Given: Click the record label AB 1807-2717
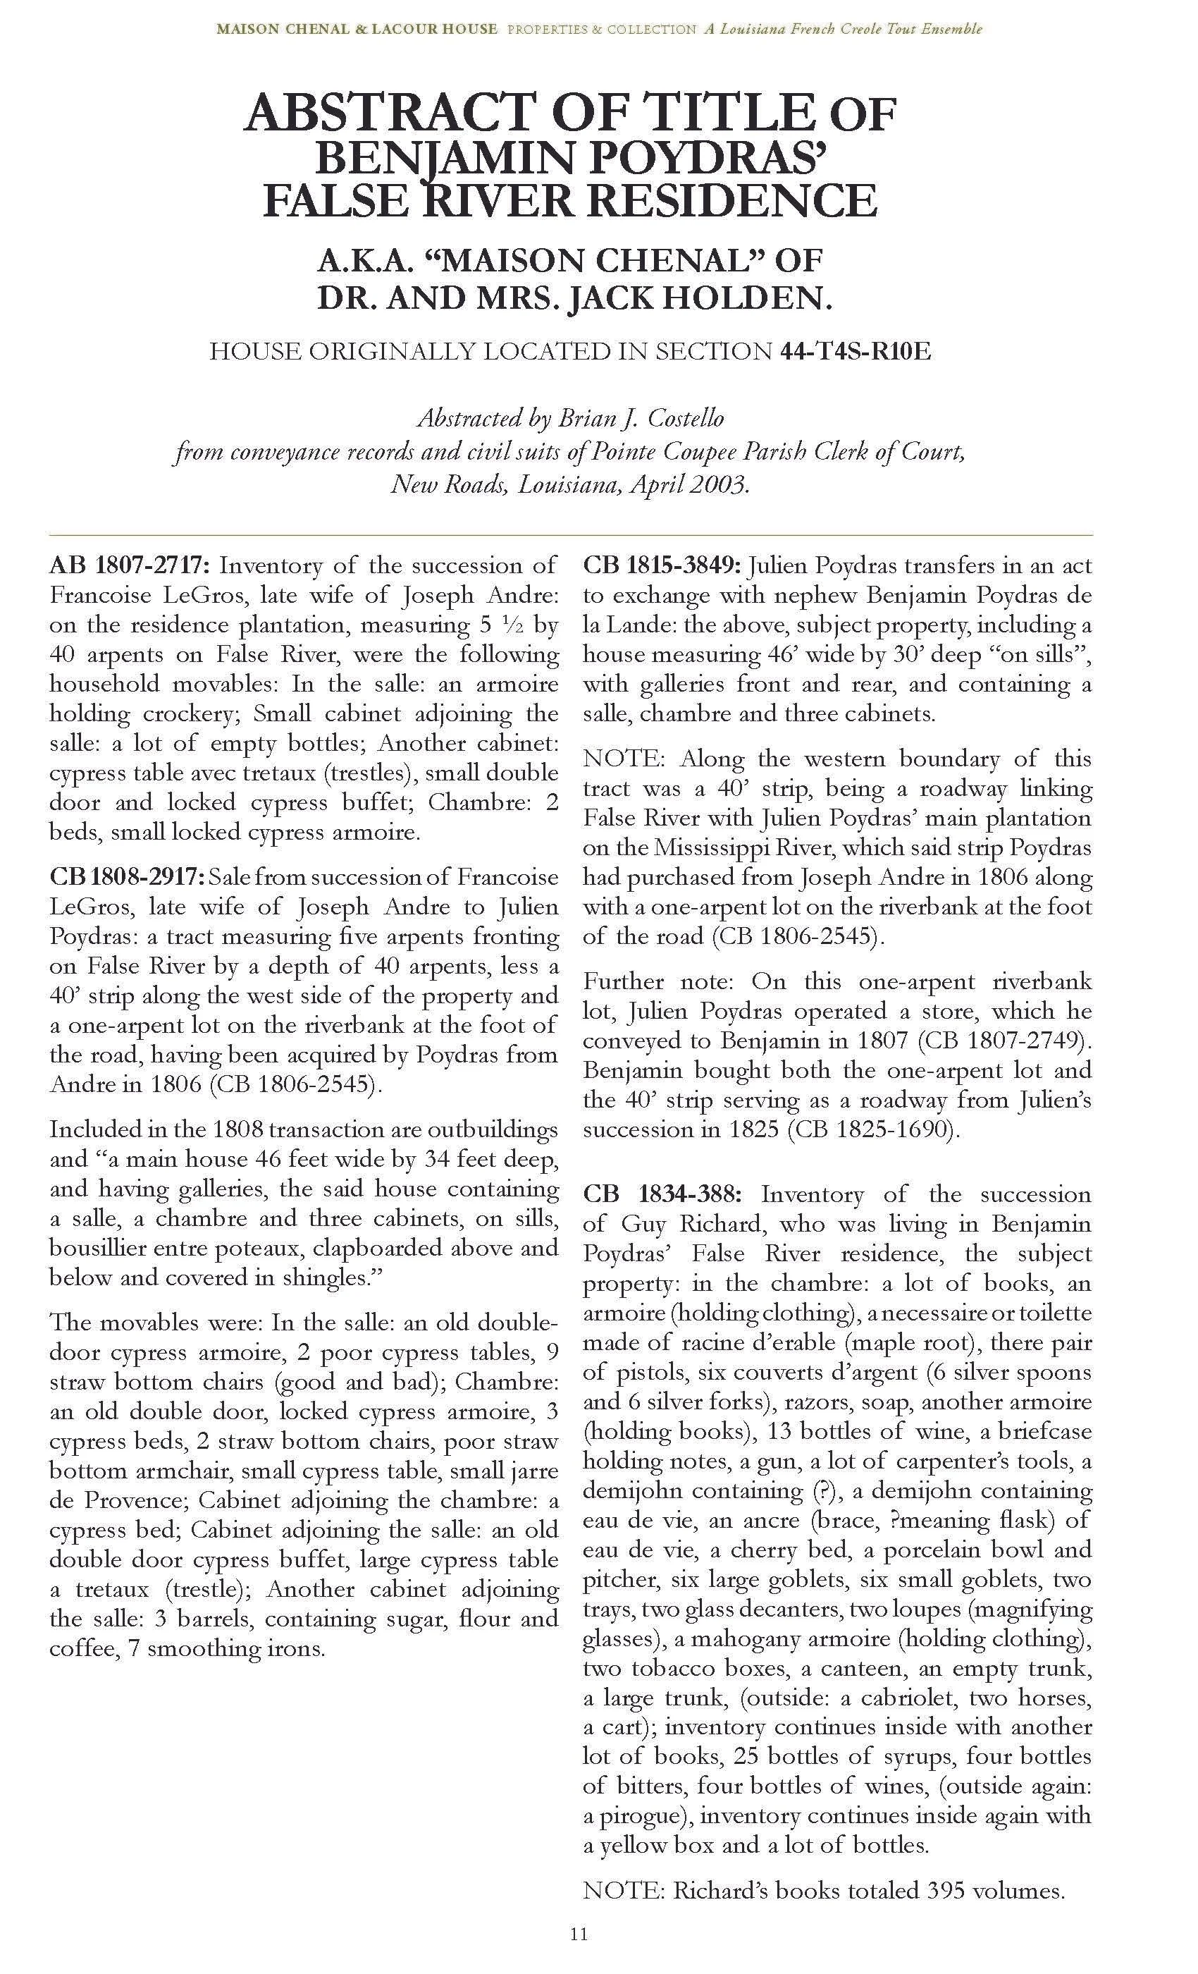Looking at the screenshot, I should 129,565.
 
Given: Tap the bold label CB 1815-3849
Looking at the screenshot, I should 662,565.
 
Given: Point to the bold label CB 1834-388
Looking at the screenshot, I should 662,1194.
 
